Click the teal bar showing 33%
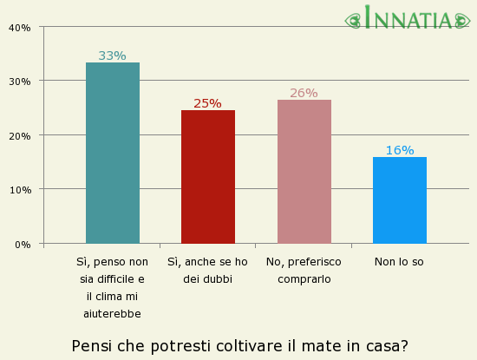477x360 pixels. [112, 153]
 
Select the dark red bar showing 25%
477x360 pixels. [207, 177]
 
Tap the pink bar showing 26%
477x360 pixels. [304, 172]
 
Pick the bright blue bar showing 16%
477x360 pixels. [399, 200]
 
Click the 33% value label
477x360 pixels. [112, 56]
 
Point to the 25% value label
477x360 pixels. [207, 103]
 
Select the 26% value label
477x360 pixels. [304, 93]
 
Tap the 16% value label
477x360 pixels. [399, 150]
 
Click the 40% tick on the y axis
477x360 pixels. [19, 28]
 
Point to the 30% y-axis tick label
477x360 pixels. [19, 82]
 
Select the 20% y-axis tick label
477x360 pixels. [19, 136]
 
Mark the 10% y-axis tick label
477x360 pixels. [19, 190]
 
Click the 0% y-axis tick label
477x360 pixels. [23, 245]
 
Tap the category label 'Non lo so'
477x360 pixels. [399, 261]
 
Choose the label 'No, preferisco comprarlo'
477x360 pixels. [304, 270]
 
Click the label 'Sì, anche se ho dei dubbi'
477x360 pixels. [207, 270]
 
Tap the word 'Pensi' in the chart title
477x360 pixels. [91, 346]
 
